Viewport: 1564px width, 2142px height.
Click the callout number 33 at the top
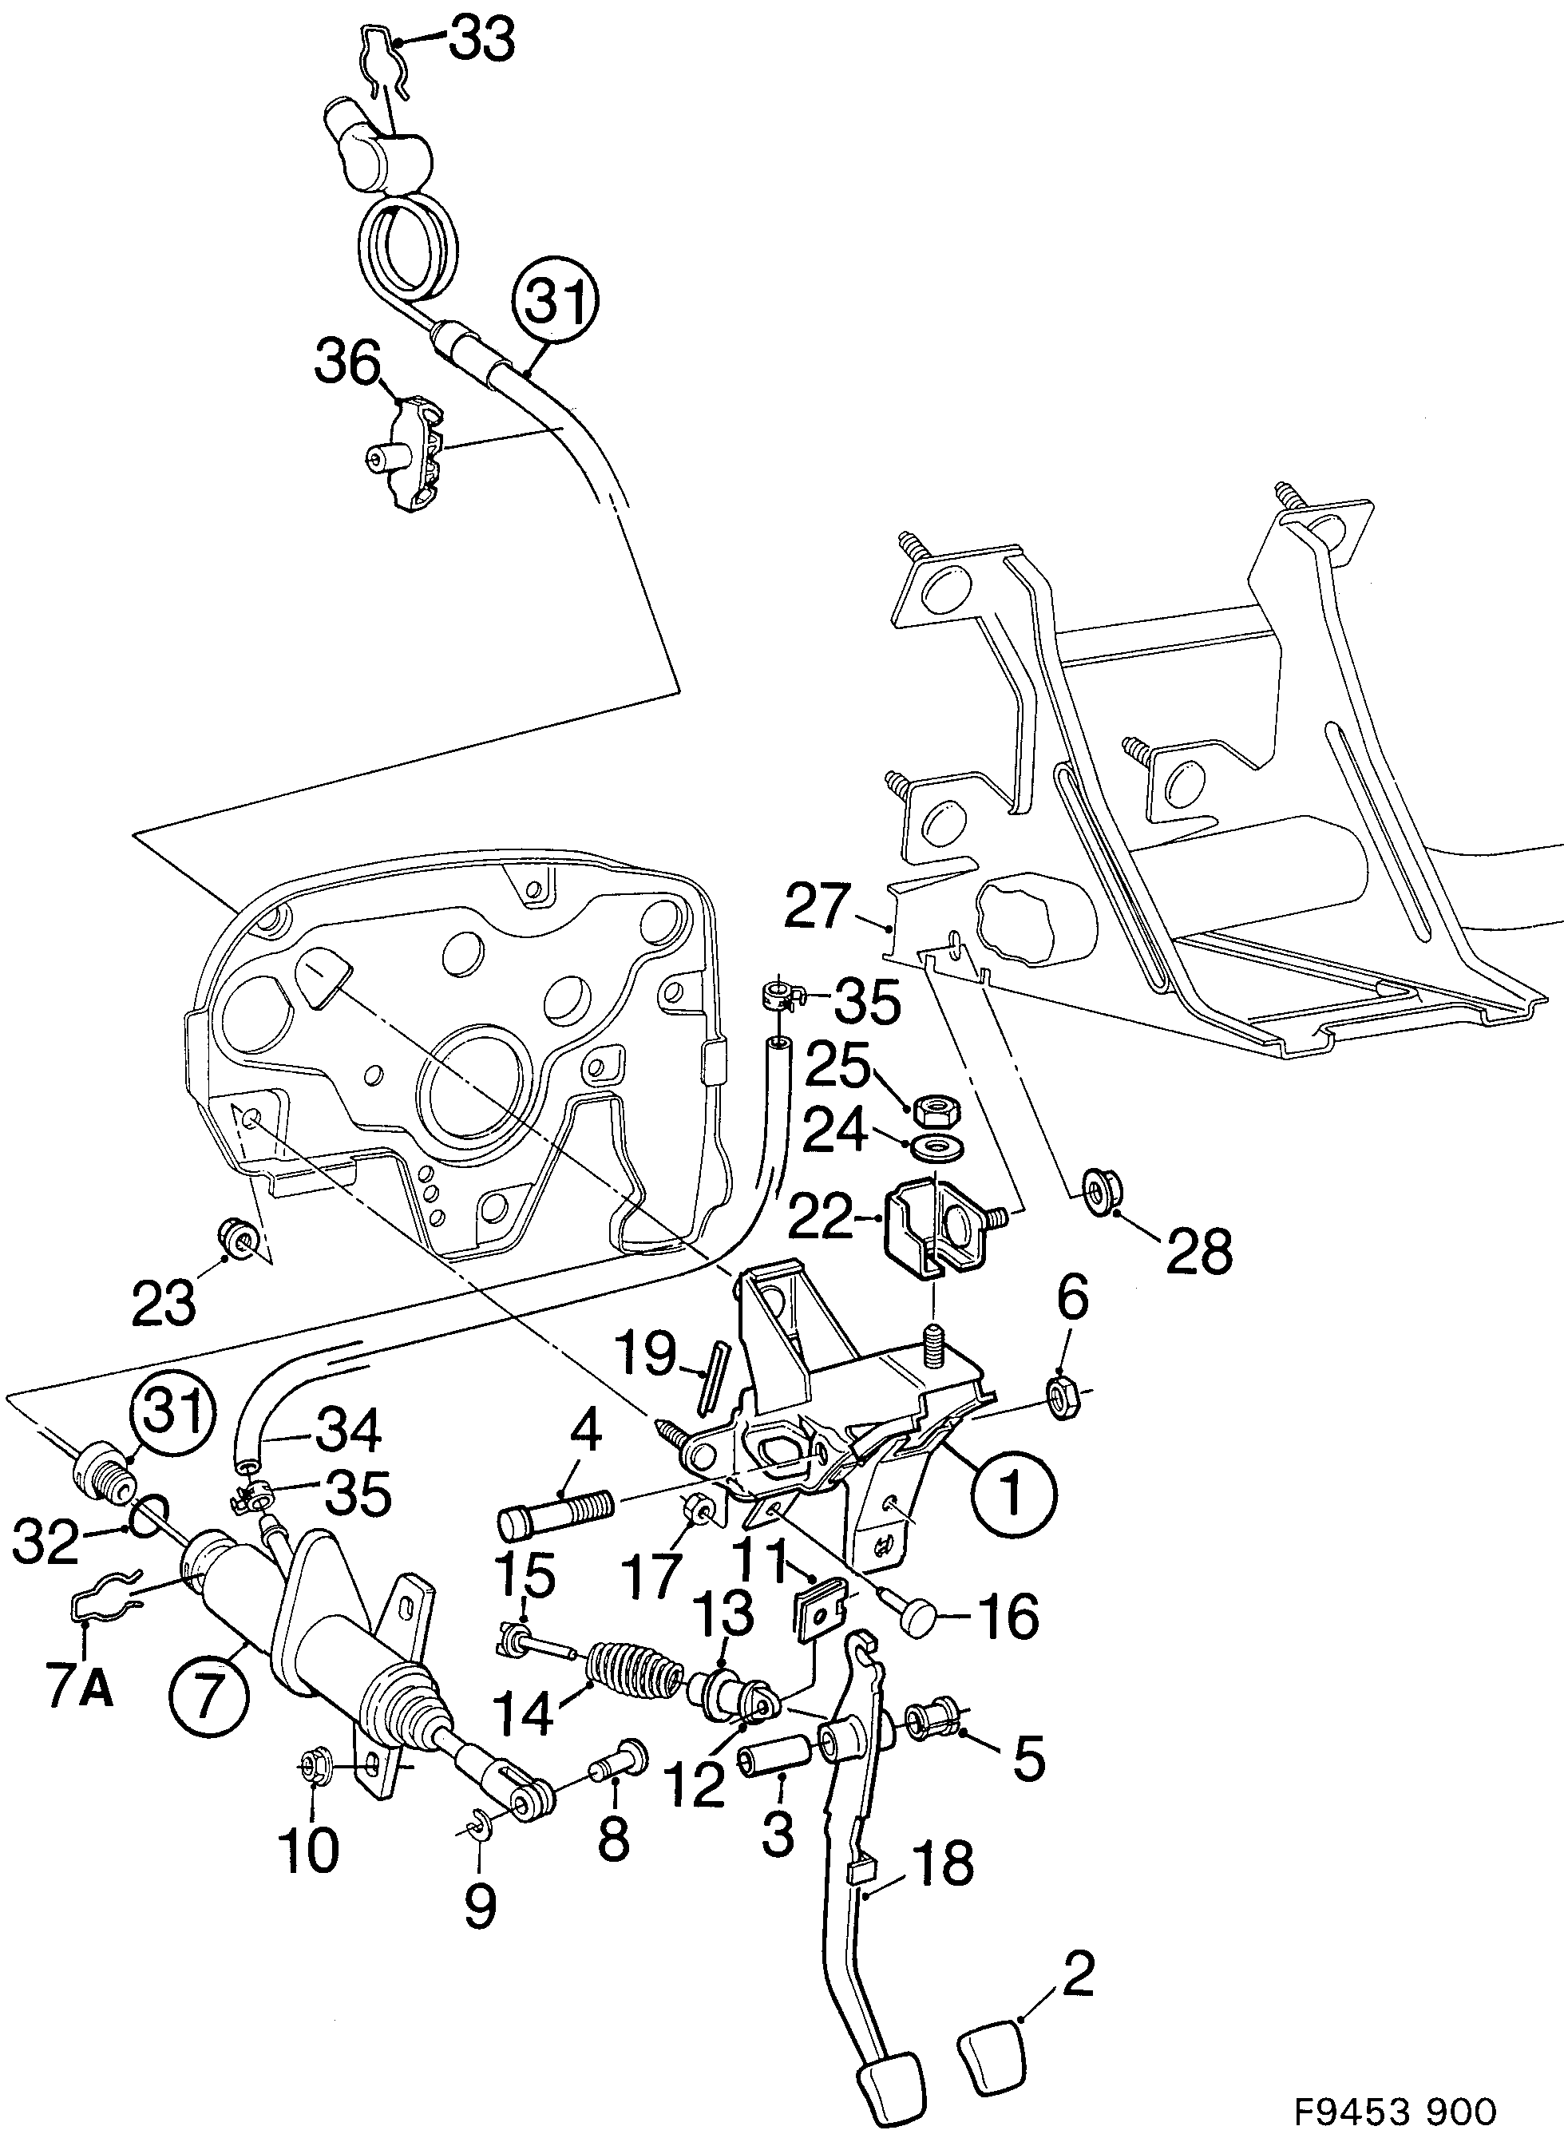pos(481,41)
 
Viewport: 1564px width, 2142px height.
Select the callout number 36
pos(347,362)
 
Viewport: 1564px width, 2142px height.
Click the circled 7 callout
pos(209,1693)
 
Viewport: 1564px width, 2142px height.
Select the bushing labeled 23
pos(235,1238)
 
